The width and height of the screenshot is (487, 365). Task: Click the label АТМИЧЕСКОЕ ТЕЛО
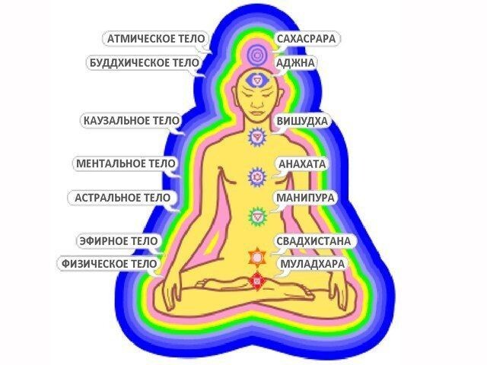151,38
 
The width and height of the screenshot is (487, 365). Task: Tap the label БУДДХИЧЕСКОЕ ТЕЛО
144,63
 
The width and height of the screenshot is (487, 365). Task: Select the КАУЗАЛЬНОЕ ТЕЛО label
131,120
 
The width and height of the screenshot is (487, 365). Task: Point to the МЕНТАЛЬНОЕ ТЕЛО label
126,163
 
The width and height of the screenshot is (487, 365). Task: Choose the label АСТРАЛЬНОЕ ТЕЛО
123,197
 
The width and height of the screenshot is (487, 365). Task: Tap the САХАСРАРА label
307,38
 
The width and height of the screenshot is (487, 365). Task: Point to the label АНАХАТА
302,163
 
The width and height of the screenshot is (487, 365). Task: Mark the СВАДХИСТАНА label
314,241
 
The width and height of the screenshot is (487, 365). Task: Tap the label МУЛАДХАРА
312,264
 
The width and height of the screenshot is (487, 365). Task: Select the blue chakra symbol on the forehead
259,79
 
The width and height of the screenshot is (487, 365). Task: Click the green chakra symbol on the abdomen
257,216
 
